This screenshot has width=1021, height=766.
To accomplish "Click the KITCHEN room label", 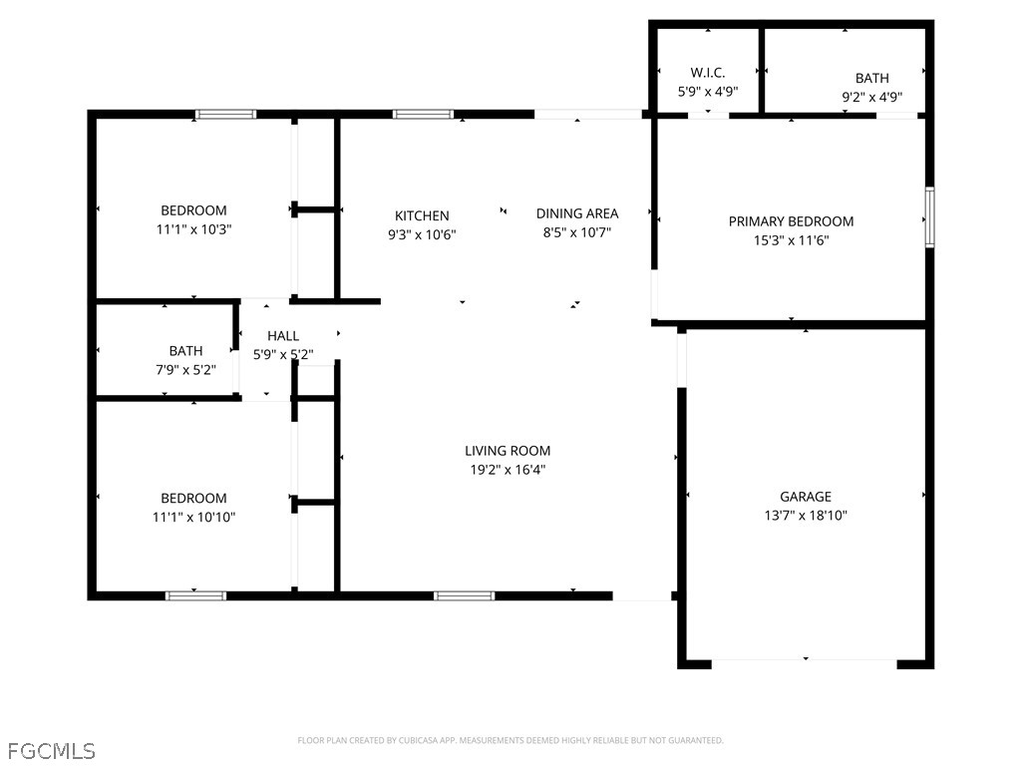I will coord(422,215).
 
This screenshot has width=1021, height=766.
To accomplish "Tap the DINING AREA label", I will coord(576,213).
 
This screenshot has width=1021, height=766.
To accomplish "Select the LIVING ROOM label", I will coord(508,451).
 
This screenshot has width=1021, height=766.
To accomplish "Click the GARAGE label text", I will coord(805,497).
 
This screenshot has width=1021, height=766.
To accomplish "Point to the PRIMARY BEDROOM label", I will coord(791,221).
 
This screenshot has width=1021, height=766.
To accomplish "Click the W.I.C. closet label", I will coord(707,73).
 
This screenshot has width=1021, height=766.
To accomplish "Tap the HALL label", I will coord(283,336).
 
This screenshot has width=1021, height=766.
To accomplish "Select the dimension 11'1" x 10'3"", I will coord(193,228).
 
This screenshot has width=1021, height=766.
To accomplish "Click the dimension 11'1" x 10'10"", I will coord(193,517).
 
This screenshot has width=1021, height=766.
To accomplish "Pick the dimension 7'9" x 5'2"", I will coord(185,369).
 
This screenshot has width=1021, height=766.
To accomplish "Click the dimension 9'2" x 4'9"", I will coord(871,97).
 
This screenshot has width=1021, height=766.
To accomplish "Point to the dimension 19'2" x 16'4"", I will coord(508,470).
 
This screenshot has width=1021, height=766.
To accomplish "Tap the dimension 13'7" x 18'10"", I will coord(805,516).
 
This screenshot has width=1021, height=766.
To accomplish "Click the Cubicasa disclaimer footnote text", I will coord(510,740).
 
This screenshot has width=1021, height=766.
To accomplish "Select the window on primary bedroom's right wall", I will coord(929,216).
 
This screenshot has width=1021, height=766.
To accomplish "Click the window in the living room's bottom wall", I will coord(464,595).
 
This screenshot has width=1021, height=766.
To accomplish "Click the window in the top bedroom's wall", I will coord(225,114).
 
